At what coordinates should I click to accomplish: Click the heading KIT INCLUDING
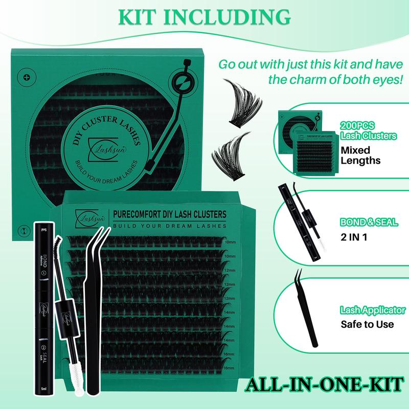(204, 16)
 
